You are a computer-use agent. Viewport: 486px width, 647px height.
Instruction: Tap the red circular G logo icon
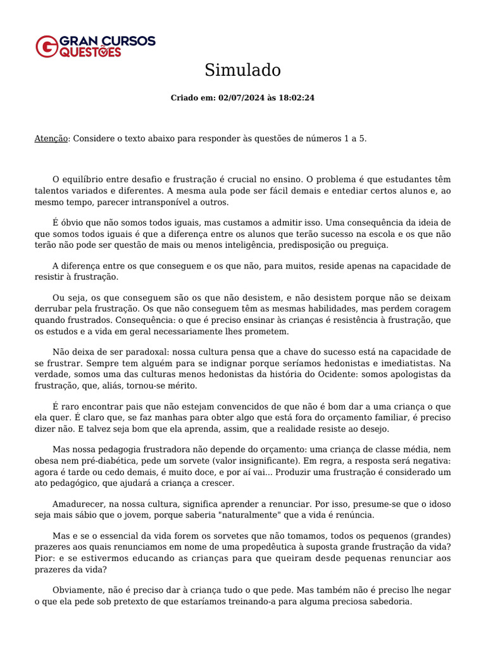[46, 46]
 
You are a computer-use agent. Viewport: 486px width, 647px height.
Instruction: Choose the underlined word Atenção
[51, 138]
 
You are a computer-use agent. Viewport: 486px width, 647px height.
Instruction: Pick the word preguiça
[370, 245]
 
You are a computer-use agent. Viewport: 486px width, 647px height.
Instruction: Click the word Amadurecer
[78, 504]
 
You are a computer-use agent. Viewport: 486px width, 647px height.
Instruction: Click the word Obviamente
[79, 590]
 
